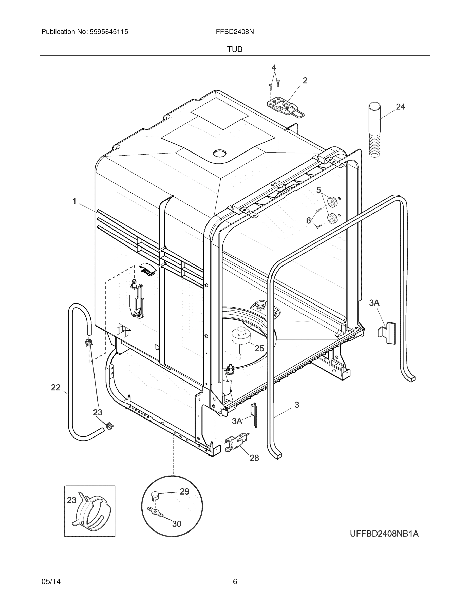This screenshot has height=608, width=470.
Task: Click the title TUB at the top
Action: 235,50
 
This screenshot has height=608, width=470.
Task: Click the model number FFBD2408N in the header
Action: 235,32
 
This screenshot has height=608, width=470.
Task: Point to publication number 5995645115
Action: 109,32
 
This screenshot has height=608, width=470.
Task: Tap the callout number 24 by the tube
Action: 400,107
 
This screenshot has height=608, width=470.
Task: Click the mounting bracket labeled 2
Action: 285,108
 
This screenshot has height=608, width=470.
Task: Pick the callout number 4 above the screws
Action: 274,68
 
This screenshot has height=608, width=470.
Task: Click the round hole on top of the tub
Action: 220,153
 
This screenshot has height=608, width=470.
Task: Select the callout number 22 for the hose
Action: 56,387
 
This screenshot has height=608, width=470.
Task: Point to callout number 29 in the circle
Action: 184,492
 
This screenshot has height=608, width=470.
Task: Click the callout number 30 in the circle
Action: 177,524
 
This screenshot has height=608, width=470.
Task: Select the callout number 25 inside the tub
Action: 259,348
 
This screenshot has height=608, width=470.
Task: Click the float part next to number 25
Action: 240,335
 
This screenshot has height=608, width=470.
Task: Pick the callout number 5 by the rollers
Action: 318,190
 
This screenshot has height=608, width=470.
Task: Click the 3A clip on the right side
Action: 387,333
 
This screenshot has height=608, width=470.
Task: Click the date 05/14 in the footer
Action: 51,582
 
